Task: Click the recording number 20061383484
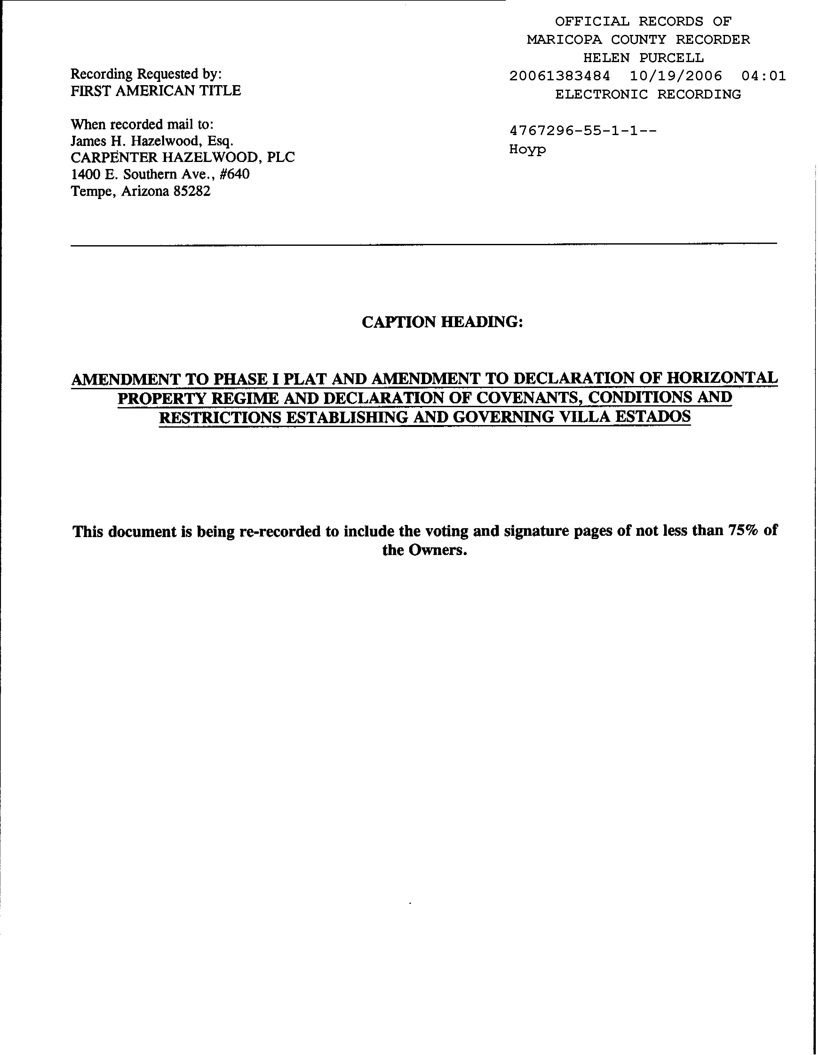click(x=560, y=76)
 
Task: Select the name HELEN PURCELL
click(x=643, y=58)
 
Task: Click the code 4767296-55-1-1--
click(x=583, y=131)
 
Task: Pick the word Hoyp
click(x=527, y=149)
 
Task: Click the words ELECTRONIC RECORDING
click(x=648, y=94)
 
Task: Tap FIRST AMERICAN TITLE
click(x=155, y=91)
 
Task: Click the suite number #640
click(x=234, y=174)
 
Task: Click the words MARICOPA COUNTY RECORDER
click(x=638, y=40)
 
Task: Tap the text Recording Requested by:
click(x=146, y=74)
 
